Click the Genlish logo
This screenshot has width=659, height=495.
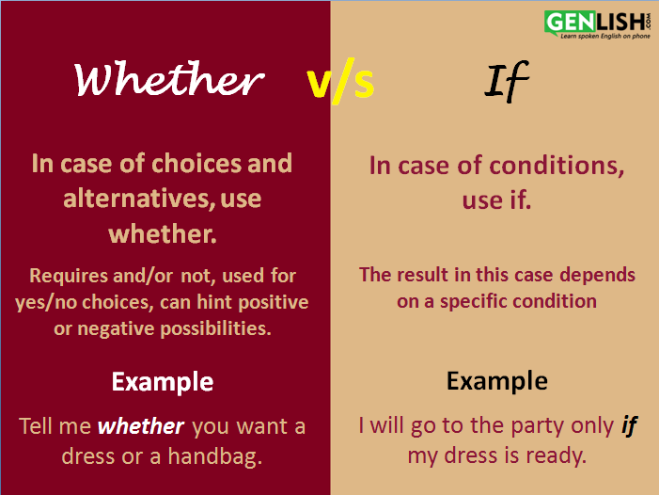[597, 24]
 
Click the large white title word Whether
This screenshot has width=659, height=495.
[169, 79]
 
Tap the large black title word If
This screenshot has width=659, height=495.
[507, 81]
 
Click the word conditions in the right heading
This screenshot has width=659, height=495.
[557, 166]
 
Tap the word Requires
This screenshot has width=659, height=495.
[69, 277]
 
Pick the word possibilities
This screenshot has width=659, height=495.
[216, 328]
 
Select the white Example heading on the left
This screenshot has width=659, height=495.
[163, 382]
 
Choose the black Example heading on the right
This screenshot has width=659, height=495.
[497, 381]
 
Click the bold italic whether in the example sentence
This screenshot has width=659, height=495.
[141, 426]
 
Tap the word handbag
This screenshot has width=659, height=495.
[215, 456]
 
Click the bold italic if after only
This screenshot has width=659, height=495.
[629, 426]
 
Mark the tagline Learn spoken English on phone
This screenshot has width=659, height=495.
[605, 36]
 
